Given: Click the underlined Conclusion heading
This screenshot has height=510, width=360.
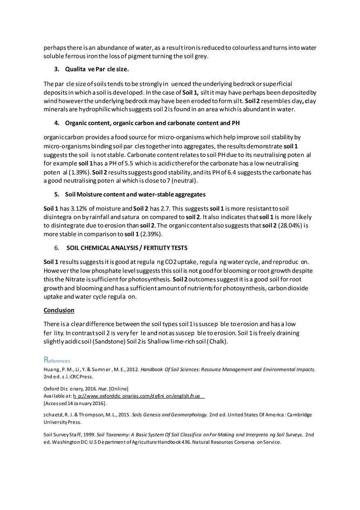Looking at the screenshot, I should tap(59, 310).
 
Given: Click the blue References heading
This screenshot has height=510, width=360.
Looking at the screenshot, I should tap(57, 360).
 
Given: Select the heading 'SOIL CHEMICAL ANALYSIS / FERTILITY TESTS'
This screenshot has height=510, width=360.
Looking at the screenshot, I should tap(127, 248).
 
